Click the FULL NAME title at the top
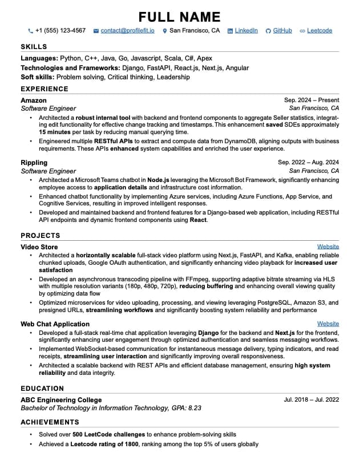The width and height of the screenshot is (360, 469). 180,17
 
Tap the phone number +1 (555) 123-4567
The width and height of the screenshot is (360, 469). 60,31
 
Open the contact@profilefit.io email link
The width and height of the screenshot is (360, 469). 127,31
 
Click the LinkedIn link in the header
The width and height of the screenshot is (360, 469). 246,31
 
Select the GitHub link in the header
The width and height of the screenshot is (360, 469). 282,31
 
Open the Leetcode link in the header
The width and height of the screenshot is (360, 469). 319,31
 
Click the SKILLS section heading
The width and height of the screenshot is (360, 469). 34,47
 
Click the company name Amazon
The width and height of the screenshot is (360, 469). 34,100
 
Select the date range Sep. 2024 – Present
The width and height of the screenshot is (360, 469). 312,100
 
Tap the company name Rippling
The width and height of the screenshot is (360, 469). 34,163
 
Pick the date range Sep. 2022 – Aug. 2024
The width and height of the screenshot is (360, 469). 308,163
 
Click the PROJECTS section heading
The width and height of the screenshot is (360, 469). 40,236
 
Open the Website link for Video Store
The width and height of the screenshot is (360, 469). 328,247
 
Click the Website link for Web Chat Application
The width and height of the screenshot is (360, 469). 328,324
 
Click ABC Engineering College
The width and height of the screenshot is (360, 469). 61,400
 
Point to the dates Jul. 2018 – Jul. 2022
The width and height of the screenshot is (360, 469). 311,400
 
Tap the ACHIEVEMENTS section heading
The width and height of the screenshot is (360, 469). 50,422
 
